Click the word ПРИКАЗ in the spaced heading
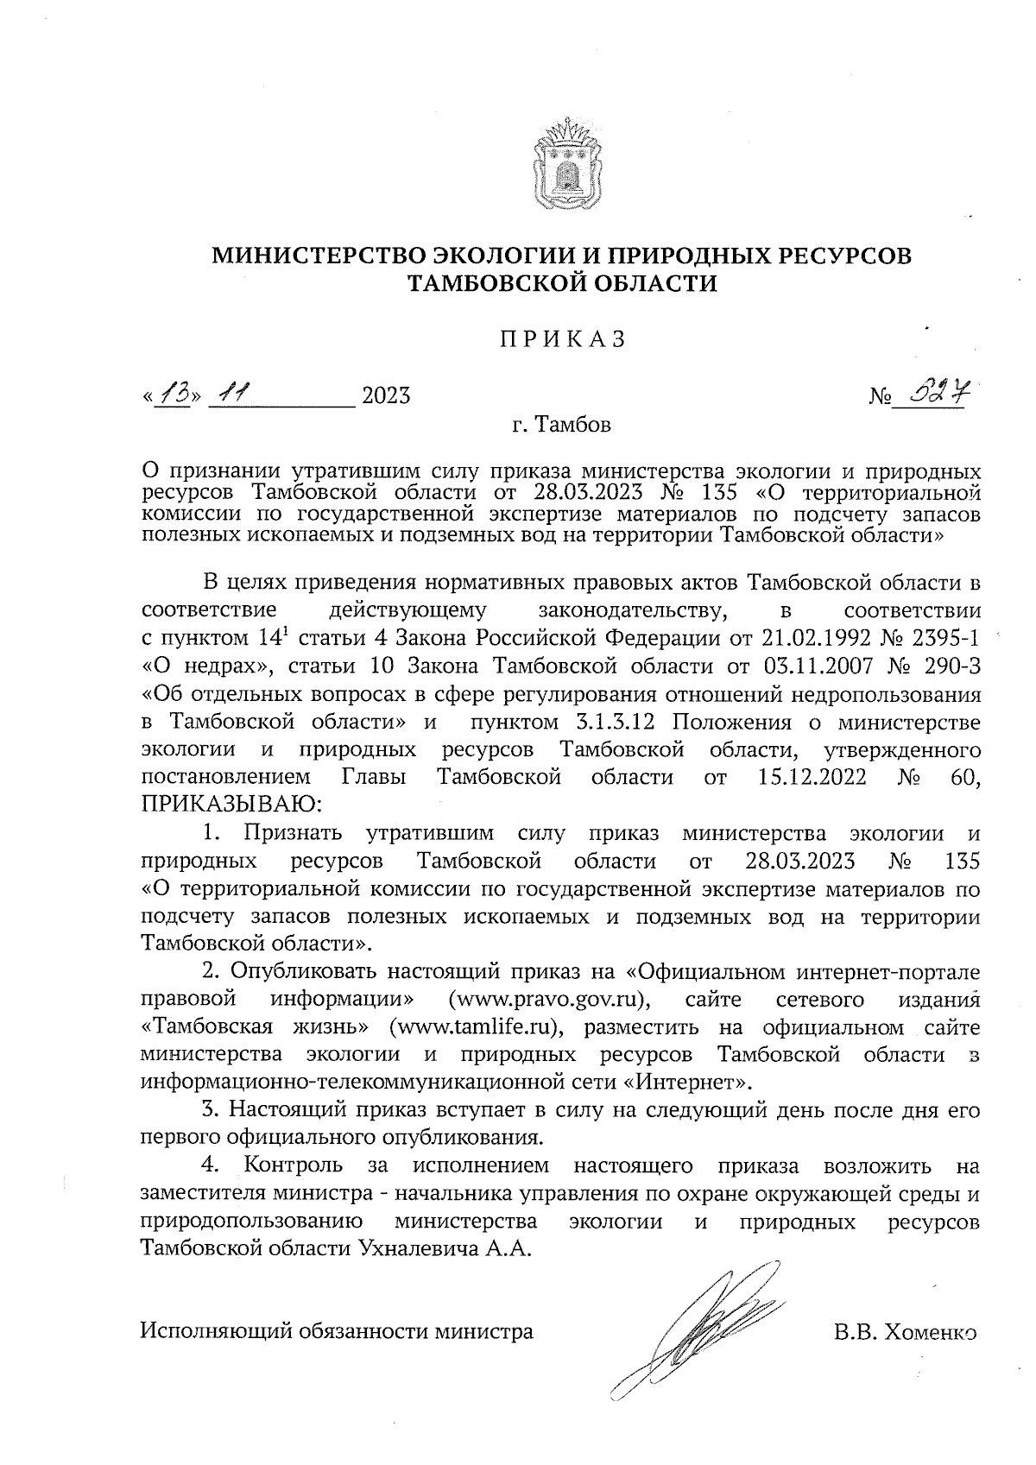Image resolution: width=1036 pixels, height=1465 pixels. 562,339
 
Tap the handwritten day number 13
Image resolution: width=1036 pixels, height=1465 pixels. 171,395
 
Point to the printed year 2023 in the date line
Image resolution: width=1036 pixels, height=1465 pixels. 386,396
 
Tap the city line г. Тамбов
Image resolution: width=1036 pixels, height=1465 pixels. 561,426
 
